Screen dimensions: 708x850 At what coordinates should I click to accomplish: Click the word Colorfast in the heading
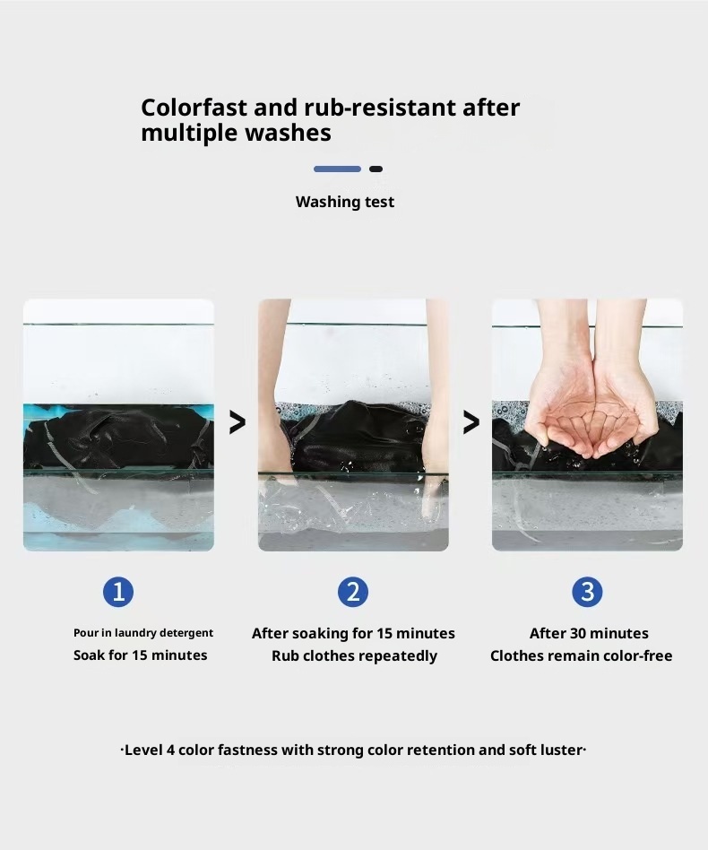[194, 108]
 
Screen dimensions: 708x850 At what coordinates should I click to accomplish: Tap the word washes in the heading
[288, 133]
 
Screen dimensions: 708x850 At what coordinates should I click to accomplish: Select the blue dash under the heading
[337, 169]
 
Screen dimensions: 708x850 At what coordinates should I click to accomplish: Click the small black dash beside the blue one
[376, 169]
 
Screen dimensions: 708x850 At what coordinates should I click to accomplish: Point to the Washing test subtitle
[345, 203]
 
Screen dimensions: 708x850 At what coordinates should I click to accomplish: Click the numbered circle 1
[118, 592]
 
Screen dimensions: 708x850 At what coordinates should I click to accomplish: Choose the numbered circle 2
[352, 592]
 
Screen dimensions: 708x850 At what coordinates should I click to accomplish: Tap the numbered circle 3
[587, 592]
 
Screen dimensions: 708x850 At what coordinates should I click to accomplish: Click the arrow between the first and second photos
[237, 422]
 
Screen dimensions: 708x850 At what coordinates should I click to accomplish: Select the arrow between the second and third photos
[471, 422]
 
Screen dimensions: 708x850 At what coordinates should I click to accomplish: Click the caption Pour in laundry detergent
[143, 633]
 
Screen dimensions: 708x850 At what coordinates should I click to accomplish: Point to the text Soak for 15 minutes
[141, 655]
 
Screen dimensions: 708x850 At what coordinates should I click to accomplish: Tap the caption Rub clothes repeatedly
[354, 656]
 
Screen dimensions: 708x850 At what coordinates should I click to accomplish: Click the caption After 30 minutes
[589, 633]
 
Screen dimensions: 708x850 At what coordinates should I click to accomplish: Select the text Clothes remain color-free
[582, 656]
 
